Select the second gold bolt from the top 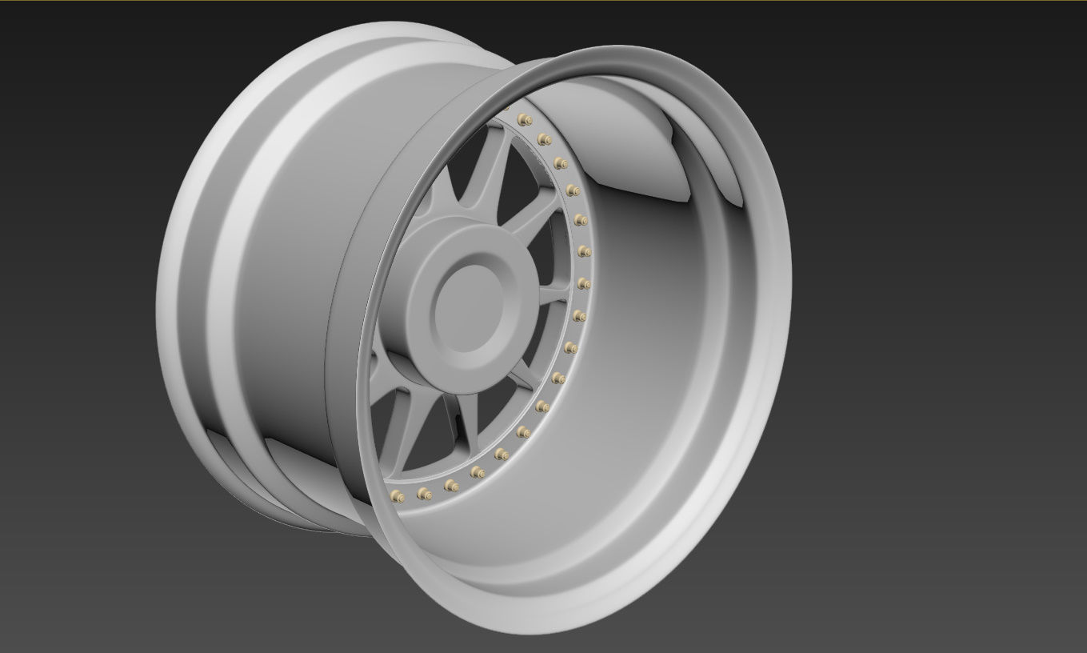click(545, 140)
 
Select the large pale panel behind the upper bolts click(632, 144)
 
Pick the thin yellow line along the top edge click(544, 1)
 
